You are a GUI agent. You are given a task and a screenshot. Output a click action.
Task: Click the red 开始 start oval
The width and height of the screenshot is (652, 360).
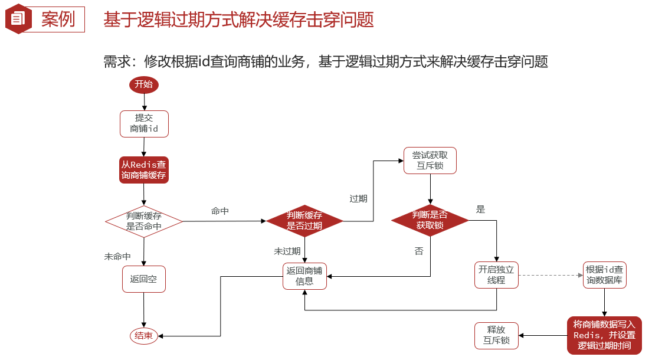click(x=144, y=84)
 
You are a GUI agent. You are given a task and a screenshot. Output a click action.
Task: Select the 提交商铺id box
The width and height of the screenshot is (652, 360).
click(x=144, y=123)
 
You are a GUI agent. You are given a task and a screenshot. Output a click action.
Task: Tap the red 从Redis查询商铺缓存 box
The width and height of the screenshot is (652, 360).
click(x=144, y=170)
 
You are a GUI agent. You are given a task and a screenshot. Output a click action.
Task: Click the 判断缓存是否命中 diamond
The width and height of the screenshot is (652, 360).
click(x=144, y=221)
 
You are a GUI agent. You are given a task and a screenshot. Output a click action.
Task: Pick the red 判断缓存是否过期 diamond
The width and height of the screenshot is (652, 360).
click(x=304, y=221)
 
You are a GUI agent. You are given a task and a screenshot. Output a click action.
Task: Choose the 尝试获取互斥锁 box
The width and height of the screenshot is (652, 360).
click(x=430, y=161)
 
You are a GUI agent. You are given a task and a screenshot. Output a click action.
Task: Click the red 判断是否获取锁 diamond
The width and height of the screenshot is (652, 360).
click(x=430, y=220)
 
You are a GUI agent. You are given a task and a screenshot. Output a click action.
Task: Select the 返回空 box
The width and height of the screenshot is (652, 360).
click(x=144, y=279)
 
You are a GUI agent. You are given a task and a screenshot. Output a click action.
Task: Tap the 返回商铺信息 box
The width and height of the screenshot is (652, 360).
click(x=304, y=276)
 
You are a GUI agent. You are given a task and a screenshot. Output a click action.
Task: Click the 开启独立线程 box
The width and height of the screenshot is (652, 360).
click(x=496, y=275)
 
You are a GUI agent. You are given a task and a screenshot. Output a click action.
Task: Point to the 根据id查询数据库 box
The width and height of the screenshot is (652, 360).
click(x=604, y=275)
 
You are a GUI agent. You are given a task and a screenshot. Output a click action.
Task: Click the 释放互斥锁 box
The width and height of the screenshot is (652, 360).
click(x=496, y=335)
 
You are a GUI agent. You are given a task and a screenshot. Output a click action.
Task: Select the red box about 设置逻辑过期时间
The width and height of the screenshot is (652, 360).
click(x=604, y=335)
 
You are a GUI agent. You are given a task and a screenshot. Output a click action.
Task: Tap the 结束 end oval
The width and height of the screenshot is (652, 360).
click(x=144, y=336)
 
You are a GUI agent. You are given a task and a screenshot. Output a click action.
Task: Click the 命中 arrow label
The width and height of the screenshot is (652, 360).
click(x=220, y=211)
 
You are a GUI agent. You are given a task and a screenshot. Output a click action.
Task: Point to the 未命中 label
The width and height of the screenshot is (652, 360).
click(x=117, y=257)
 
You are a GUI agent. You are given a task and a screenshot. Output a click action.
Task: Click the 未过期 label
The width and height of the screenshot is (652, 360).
click(x=287, y=251)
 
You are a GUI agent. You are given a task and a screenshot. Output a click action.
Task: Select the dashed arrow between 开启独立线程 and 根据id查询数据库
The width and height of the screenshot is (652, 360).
click(x=550, y=275)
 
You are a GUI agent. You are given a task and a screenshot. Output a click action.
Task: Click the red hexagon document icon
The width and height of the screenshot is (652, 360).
click(x=18, y=19)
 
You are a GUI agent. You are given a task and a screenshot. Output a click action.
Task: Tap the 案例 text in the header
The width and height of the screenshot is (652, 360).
click(x=58, y=19)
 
